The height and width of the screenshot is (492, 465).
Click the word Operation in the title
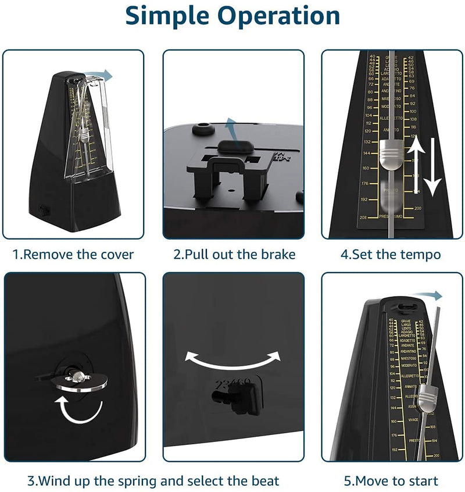tap(280, 16)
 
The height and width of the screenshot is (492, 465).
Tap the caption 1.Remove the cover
tap(73, 254)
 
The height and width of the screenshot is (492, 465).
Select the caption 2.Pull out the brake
tap(234, 254)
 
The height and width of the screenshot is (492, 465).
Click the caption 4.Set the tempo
tap(391, 254)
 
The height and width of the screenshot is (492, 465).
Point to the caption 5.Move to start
tap(390, 481)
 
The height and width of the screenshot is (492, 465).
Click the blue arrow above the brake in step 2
tap(231, 126)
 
